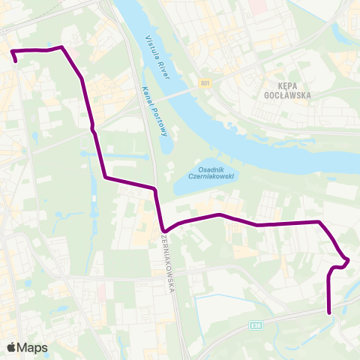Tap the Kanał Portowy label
pyautogui.click(x=154, y=112)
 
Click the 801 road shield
pyautogui.click(x=205, y=83)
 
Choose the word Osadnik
pyautogui.click(x=212, y=169)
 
